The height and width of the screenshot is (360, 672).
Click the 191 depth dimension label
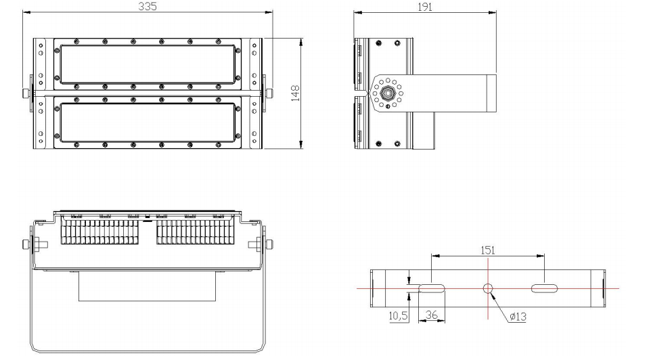[424, 7]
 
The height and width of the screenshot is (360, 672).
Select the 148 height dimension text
[295, 93]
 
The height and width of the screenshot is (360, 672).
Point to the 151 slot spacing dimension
[487, 250]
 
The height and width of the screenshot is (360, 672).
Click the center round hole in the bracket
[488, 288]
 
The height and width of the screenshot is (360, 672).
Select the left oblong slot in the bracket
[432, 288]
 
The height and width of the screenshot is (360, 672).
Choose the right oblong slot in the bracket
[544, 288]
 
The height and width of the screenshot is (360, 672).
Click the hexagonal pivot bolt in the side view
[388, 92]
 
